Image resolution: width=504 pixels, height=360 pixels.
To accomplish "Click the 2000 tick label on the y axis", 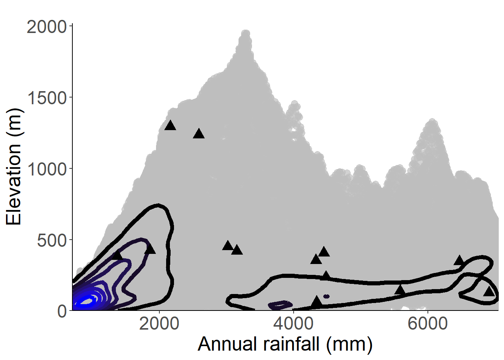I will (46, 27).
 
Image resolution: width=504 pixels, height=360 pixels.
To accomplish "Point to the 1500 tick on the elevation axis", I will (46, 98).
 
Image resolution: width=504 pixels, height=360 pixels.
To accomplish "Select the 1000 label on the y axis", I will (46, 169).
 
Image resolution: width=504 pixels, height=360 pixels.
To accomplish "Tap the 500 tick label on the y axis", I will (52, 240).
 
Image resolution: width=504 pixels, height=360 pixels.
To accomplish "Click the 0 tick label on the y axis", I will (62, 312).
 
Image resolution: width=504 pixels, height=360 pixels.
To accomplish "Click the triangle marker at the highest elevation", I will (170, 126).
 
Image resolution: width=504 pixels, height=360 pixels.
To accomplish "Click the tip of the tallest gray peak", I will (246, 33).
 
